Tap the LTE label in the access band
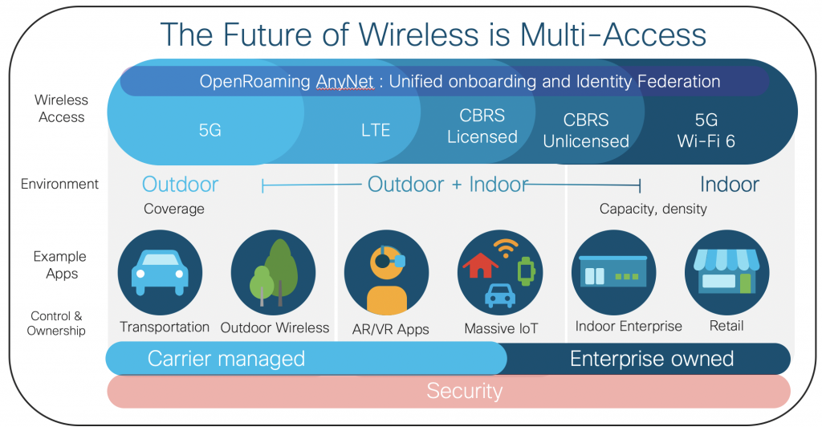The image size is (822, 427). [x=376, y=129]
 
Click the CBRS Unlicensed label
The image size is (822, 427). [x=586, y=131]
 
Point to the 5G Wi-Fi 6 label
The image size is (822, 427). [x=706, y=130]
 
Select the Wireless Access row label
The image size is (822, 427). [x=61, y=108]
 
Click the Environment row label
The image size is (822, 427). [x=60, y=184]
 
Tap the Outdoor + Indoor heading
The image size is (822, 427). [x=447, y=185]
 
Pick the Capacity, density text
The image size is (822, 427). [x=653, y=209]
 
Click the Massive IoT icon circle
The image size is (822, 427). [x=499, y=272]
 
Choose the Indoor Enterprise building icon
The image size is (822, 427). [x=613, y=272]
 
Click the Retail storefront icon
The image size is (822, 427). [x=726, y=272]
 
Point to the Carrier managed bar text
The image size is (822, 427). [x=226, y=358]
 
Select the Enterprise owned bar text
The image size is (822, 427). [x=652, y=358]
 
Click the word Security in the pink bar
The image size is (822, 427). [x=464, y=391]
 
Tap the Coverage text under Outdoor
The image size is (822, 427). [x=174, y=209]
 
